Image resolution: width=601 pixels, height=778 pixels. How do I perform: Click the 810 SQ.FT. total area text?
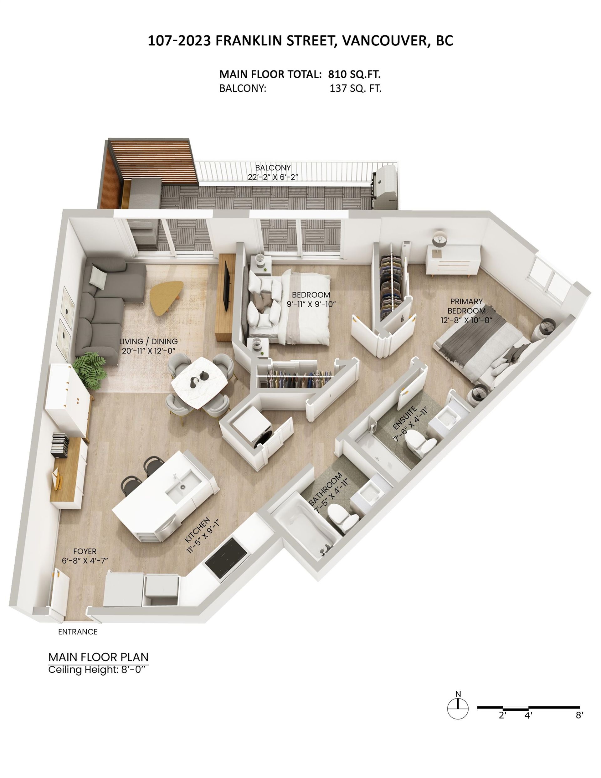pyautogui.click(x=354, y=74)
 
